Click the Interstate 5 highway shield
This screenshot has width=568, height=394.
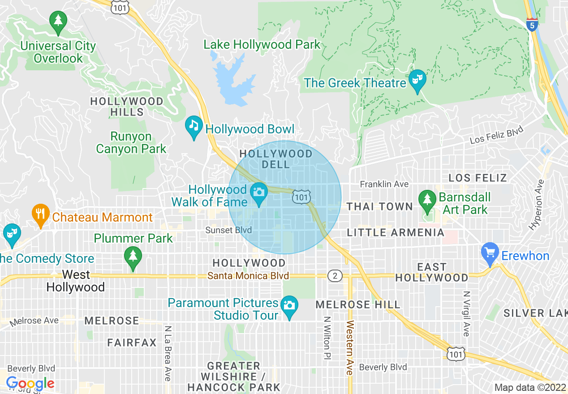532,25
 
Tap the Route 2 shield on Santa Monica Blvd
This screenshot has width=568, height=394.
335,276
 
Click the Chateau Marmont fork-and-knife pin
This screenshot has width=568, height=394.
41,214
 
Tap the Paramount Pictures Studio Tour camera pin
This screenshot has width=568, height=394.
289,306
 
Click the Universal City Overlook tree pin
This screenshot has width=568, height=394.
58,21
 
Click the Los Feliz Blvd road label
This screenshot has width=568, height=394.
496,136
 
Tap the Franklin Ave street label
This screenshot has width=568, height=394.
384,184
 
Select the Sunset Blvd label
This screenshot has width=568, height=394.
228,230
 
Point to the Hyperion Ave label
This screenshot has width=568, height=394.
536,205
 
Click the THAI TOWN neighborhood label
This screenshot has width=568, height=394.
380,206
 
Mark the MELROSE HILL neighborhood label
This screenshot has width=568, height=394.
358,305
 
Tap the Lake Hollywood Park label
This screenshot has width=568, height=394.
262,45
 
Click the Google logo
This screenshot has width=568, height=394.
30,384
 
